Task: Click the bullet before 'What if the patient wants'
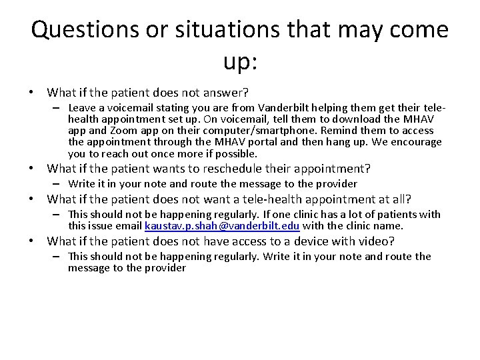pos(38,168)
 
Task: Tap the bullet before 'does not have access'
pos(38,241)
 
